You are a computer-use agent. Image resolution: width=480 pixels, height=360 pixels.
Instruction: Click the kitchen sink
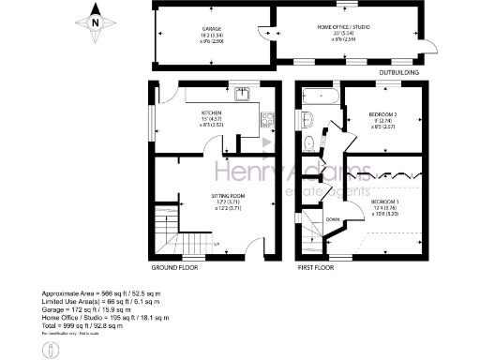point(243,93)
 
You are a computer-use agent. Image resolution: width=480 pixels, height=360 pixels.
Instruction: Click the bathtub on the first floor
point(316,95)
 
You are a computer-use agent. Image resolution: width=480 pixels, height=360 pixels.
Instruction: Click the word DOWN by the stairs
point(333,219)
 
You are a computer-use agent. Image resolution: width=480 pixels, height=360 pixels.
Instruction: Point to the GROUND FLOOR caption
point(176,266)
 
